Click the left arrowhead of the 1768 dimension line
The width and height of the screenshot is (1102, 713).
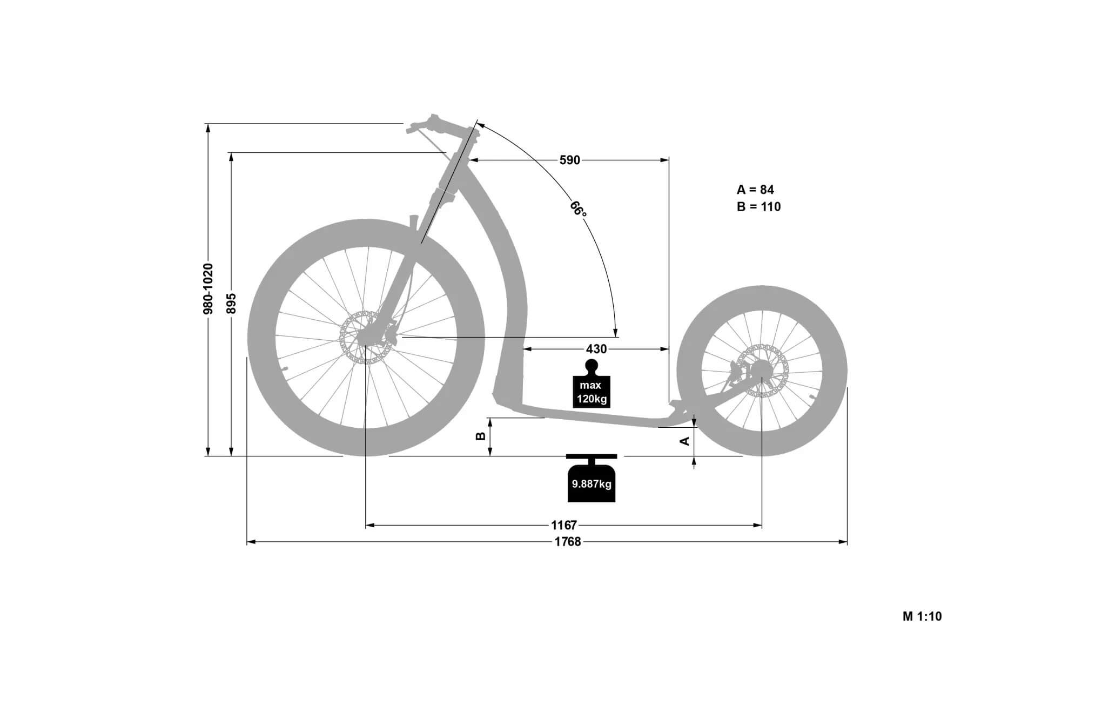[251, 541]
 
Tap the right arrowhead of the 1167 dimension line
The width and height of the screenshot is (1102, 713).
[758, 524]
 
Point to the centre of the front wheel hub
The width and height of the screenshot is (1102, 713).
[366, 338]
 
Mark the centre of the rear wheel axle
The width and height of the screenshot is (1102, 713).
[762, 370]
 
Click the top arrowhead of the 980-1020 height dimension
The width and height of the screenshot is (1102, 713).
[208, 127]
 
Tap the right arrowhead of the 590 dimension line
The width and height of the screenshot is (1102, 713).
[665, 160]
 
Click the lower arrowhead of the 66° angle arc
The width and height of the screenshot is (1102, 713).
[615, 332]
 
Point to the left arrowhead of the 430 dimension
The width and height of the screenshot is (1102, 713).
[527, 349]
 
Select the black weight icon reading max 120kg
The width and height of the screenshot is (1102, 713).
[592, 384]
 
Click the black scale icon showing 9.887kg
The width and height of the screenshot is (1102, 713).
[592, 478]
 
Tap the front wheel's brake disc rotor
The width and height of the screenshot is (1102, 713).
[366, 337]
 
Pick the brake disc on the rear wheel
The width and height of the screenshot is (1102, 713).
[762, 371]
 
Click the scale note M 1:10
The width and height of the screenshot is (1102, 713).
[922, 616]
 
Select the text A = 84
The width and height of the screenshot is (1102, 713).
[755, 190]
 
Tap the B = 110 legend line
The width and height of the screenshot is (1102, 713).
[758, 206]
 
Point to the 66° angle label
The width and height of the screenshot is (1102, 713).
[578, 208]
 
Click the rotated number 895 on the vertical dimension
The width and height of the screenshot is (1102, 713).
[231, 304]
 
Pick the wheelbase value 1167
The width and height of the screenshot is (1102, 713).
[564, 525]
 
